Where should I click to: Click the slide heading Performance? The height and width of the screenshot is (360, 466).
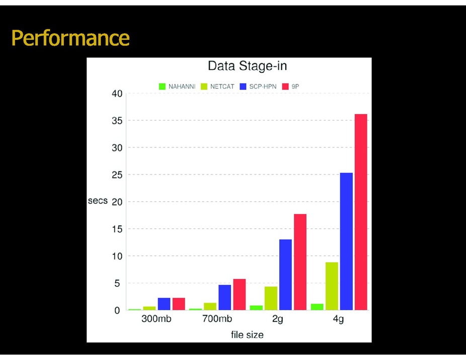(70, 38)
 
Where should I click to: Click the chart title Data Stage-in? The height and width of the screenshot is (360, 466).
(247, 66)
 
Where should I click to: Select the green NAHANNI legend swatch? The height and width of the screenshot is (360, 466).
(162, 86)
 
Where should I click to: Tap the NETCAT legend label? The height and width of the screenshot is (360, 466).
(222, 86)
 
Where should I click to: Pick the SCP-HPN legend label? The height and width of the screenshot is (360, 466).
(263, 86)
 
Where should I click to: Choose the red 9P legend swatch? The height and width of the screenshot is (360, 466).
(285, 86)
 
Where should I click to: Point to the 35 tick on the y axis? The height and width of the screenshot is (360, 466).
(117, 121)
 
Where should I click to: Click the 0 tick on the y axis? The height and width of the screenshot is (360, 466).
(117, 310)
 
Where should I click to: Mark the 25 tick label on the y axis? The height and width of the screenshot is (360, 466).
(117, 175)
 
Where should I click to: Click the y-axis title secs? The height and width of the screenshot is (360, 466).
(98, 201)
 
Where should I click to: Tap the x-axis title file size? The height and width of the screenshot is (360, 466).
(247, 335)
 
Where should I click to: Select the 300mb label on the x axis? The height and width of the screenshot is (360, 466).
(157, 319)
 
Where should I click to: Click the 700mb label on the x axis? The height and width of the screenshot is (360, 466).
(217, 319)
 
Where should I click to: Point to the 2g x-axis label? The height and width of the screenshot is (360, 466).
(278, 319)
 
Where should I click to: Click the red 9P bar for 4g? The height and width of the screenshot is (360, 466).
(361, 212)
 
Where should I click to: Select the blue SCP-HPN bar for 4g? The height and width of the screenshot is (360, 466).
(346, 241)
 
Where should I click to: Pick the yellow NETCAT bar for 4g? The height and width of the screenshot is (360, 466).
(332, 286)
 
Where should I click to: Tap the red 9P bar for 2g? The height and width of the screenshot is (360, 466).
(300, 262)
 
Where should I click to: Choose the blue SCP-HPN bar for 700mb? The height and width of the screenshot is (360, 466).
(224, 297)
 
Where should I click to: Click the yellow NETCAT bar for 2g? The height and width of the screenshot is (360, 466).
(271, 298)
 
